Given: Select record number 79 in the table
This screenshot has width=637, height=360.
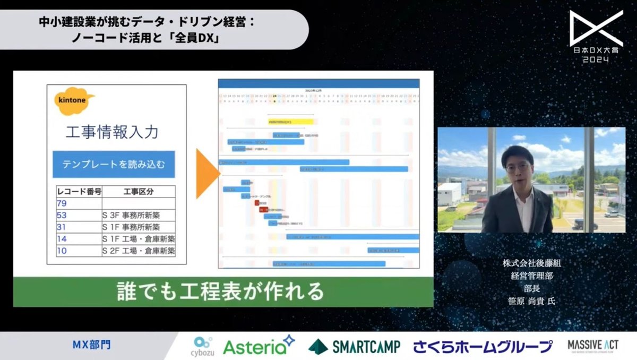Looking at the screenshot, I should pyautogui.click(x=63, y=203).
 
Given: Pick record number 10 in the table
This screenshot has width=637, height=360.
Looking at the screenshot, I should pyautogui.click(x=62, y=251).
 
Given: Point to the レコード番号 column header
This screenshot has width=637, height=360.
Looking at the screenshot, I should pyautogui.click(x=79, y=191).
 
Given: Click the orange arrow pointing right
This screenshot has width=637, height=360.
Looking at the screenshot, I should pyautogui.click(x=208, y=173).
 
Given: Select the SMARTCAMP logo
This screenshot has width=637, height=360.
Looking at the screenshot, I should pyautogui.click(x=354, y=346).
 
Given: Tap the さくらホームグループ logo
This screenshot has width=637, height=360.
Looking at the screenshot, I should pyautogui.click(x=483, y=346).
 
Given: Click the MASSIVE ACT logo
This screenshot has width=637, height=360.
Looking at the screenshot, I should pyautogui.click(x=592, y=345).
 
